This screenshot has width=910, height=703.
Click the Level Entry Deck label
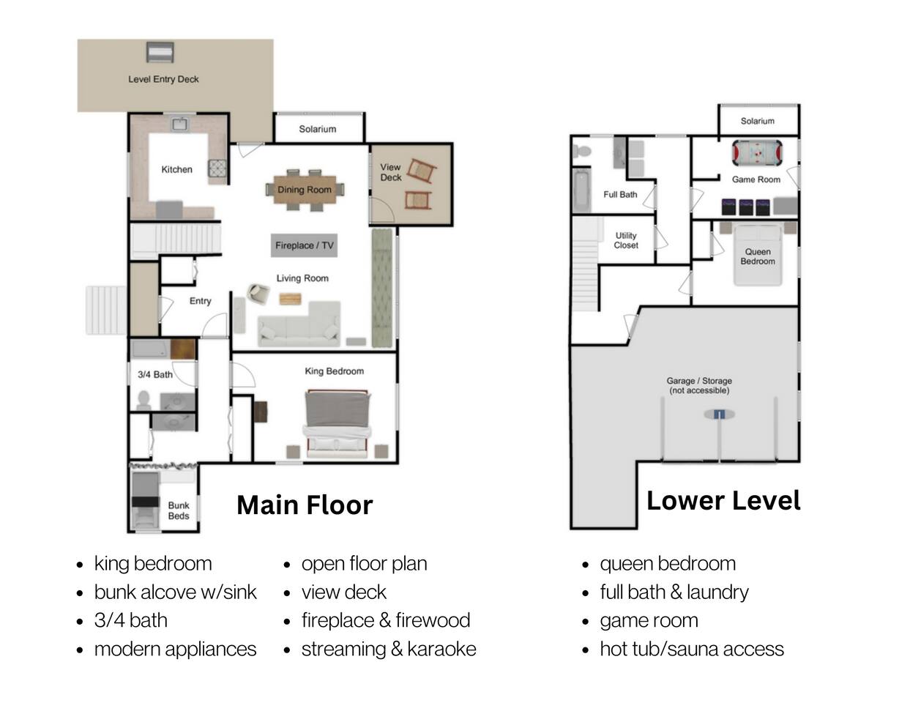pos(163,79)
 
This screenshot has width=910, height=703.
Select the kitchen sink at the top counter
pos(181,124)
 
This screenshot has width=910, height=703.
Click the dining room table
pos(305,190)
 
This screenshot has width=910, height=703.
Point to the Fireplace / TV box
pos(304,245)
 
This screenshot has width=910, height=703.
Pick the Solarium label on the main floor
pos(318,129)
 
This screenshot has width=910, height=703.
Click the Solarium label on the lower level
pos(757,121)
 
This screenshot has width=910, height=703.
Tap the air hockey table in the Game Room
pos(757,153)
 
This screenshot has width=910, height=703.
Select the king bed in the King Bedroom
pos(337,424)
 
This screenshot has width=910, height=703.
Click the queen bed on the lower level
pos(758,256)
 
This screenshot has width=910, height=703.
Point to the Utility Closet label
pos(626,240)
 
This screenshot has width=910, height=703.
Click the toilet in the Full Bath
pos(581,151)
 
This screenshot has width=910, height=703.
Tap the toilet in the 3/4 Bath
pos(143,401)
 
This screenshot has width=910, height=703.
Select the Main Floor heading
pos(305,505)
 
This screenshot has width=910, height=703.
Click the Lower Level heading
pos(723,501)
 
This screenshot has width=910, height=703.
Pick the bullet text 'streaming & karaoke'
pos(389,649)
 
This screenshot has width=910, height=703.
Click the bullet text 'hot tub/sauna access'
pos(692,649)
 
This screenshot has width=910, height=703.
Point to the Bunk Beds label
pos(179,510)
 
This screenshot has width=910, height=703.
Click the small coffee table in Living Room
pos(290,299)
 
